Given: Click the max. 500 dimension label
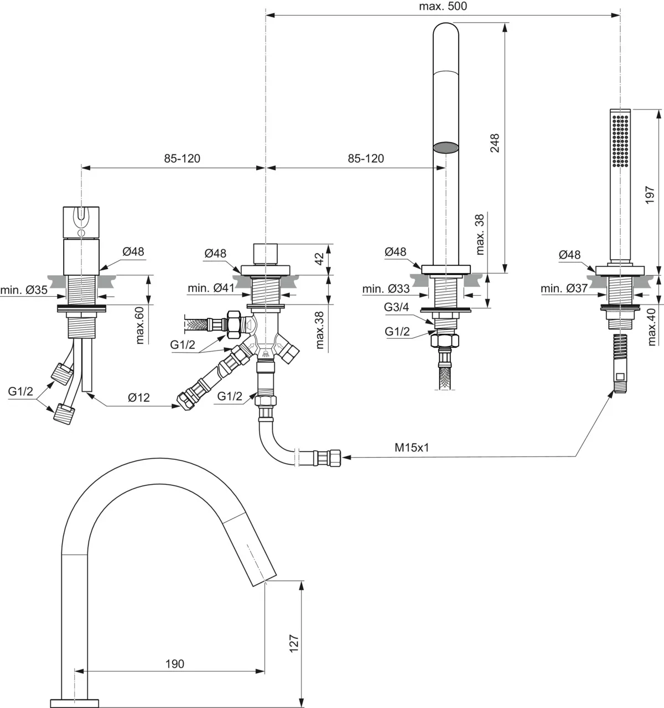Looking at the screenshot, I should pyautogui.click(x=443, y=7).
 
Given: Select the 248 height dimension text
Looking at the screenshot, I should pyautogui.click(x=495, y=143).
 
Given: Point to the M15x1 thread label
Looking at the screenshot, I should pyautogui.click(x=412, y=448).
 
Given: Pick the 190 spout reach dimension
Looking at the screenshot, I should pyautogui.click(x=174, y=664).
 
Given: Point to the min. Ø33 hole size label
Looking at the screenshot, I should pyautogui.click(x=386, y=289).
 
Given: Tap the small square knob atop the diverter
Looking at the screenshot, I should pyautogui.click(x=266, y=254).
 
